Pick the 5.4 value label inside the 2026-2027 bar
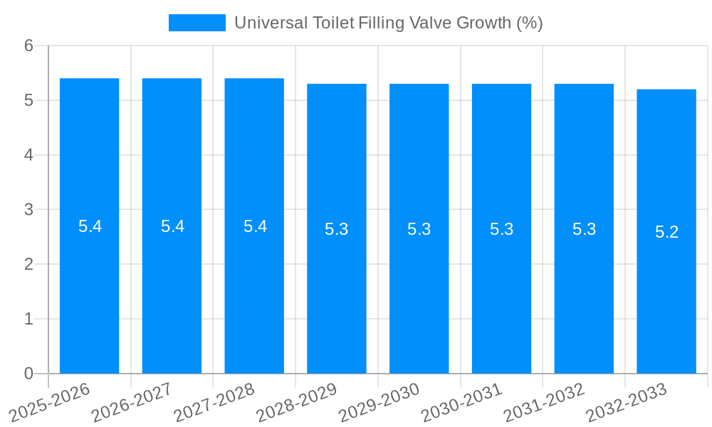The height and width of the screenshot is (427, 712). [x=172, y=226]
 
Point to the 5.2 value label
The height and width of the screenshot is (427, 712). [x=666, y=232]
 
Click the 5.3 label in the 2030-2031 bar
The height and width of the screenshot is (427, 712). [x=501, y=229]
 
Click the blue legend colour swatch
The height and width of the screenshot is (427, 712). [x=197, y=23]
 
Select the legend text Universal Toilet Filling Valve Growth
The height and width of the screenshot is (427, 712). [x=388, y=23]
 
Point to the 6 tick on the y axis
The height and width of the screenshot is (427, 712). [x=28, y=46]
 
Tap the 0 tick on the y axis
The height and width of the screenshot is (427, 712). [x=28, y=374]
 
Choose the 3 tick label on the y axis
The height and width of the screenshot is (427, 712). [x=28, y=210]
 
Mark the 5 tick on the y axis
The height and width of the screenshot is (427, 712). [x=28, y=100]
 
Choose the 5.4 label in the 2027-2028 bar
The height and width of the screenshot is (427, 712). [x=255, y=226]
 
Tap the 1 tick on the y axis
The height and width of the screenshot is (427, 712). [x=28, y=319]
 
